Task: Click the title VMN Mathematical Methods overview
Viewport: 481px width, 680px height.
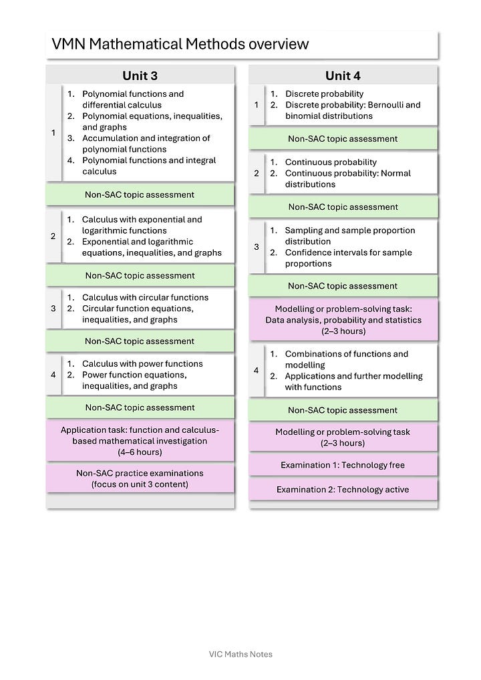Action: coord(180,44)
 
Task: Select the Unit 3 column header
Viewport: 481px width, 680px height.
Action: coord(140,75)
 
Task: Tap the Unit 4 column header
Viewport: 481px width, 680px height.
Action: coord(343,75)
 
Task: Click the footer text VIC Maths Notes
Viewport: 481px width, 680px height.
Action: coord(240,654)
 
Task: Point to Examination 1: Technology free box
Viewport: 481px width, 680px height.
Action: coord(343,465)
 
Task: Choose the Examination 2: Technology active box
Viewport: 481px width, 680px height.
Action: coord(343,490)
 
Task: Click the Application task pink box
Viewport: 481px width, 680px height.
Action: coord(140,441)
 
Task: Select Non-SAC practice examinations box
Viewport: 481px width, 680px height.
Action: coord(140,478)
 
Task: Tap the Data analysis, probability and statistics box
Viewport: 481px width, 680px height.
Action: coord(343,320)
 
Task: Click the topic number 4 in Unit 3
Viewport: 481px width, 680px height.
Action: coord(53,375)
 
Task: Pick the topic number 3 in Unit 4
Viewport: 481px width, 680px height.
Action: coord(256,247)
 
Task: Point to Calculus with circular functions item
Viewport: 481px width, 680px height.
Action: coord(145,297)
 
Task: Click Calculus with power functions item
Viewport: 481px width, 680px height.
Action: coord(142,363)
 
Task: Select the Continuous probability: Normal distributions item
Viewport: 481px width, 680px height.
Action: coord(347,178)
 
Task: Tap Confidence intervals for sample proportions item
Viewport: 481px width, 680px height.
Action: coord(348,258)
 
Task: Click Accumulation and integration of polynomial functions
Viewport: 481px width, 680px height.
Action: coord(146,144)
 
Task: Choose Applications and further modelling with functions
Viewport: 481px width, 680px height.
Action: coord(353,381)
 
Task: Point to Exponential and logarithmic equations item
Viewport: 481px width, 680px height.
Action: coord(152,247)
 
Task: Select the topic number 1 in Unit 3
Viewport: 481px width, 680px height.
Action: coord(53,132)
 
